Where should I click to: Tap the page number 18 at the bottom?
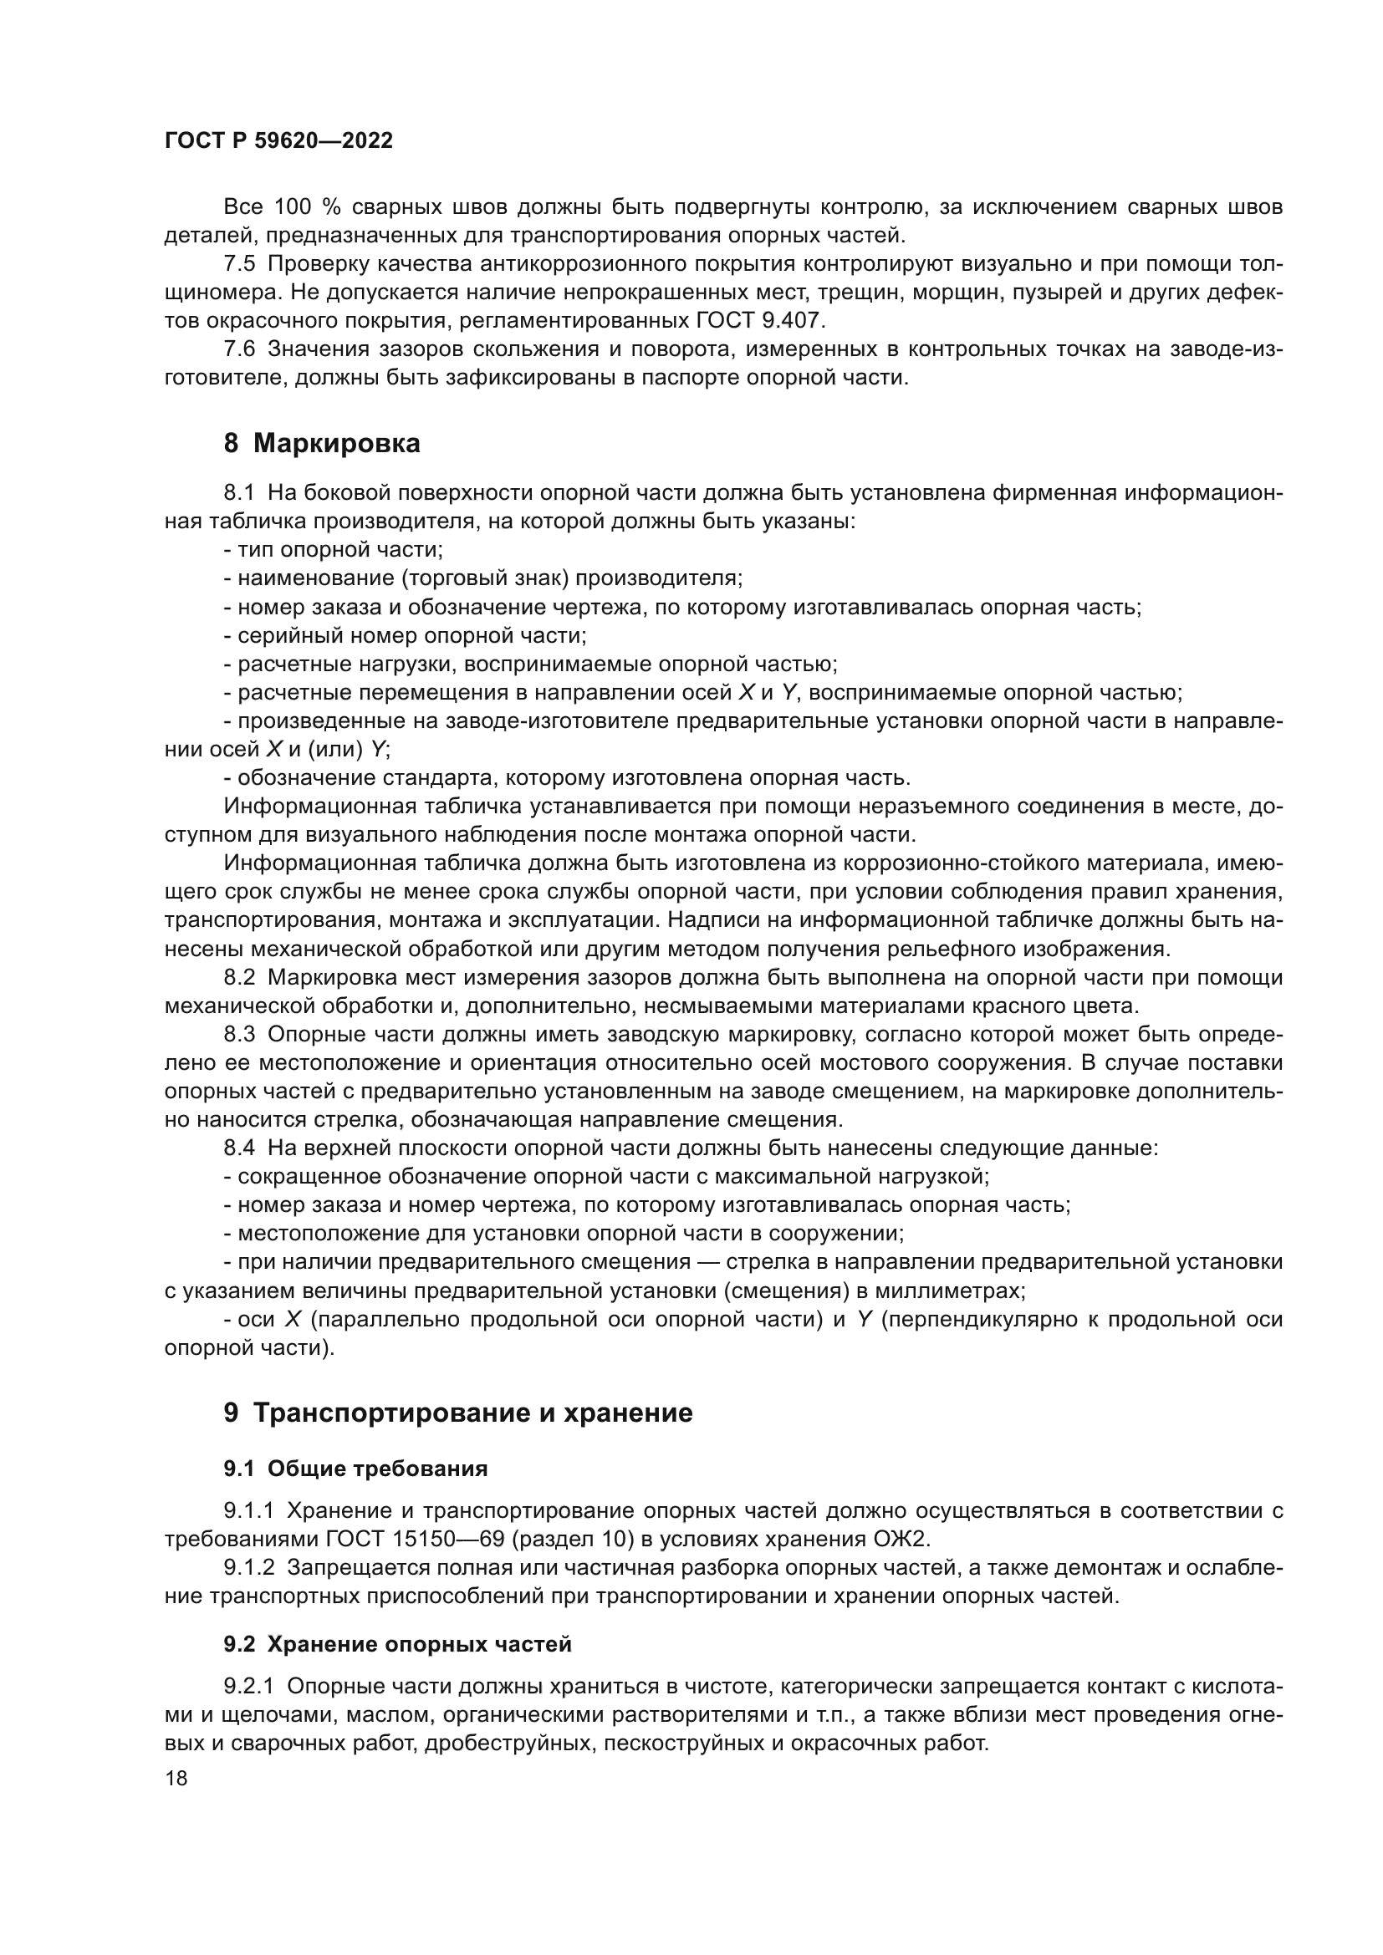(x=176, y=1778)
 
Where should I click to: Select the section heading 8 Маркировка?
(x=322, y=444)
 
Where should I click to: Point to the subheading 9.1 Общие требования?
(x=355, y=1469)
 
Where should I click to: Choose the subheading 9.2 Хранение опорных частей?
(x=397, y=1644)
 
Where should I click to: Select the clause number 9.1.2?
(x=248, y=1567)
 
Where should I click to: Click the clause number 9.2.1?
(x=248, y=1687)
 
